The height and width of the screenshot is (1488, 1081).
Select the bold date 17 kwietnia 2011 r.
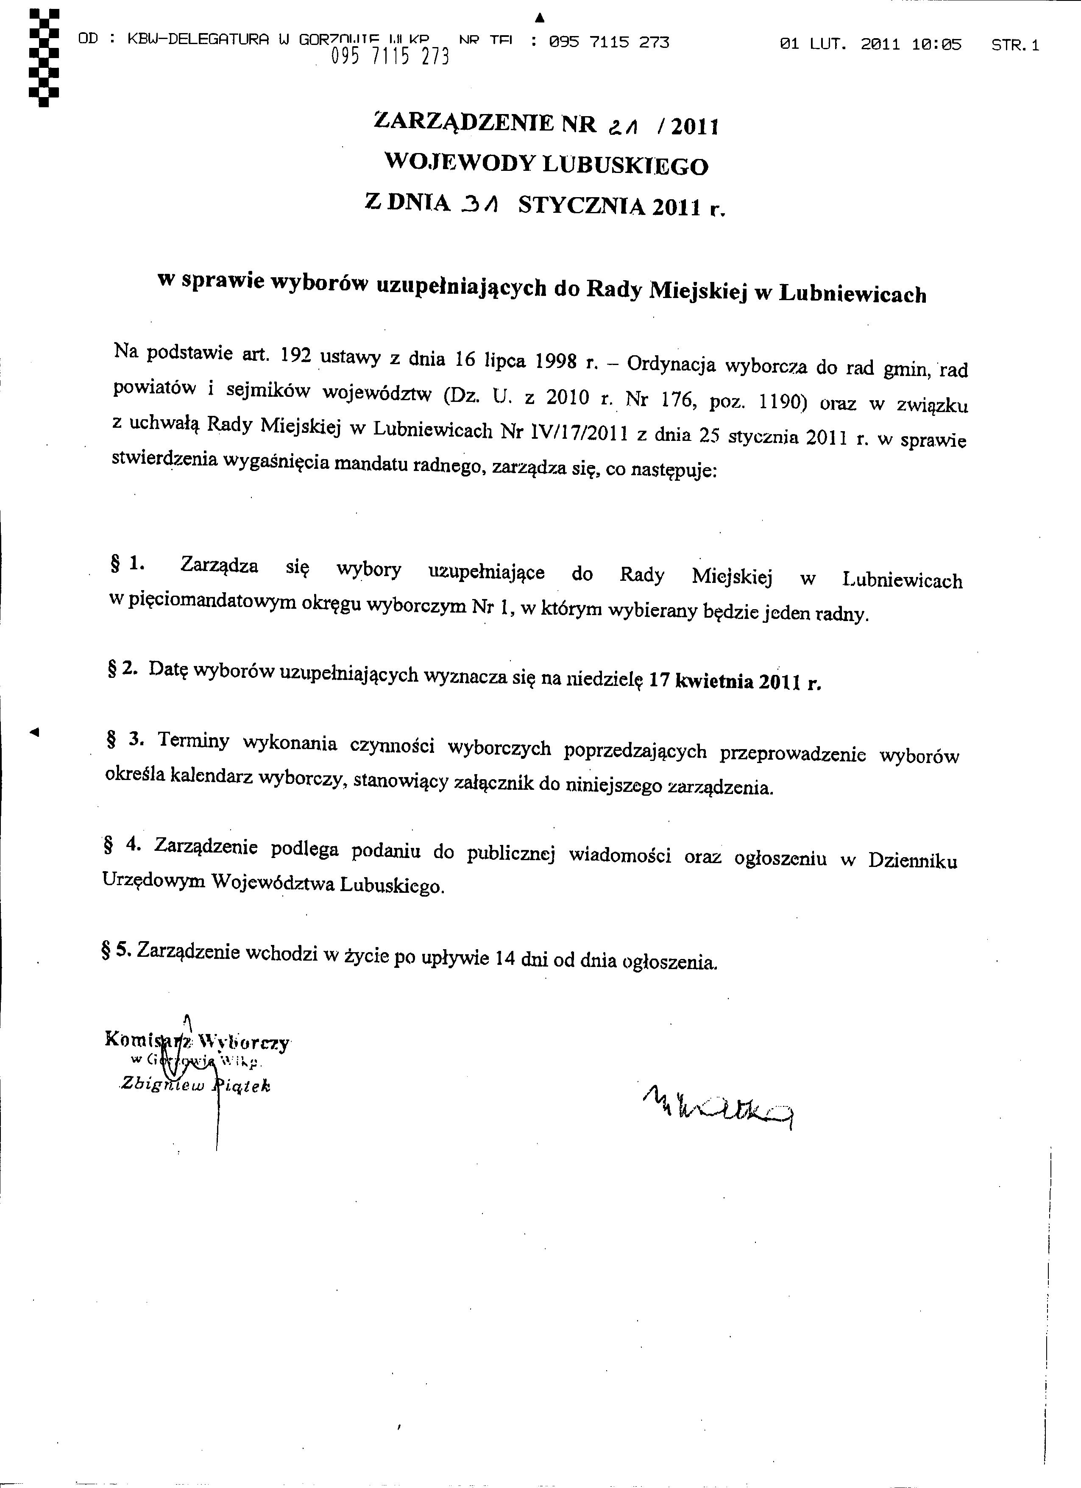(x=735, y=681)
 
